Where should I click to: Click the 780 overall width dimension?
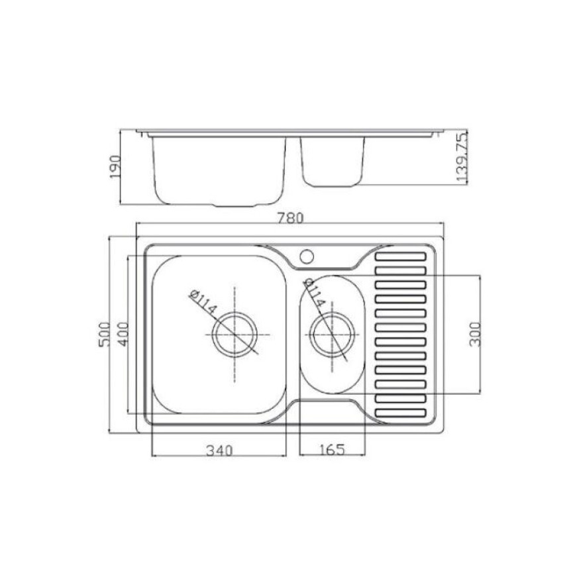tap(290, 218)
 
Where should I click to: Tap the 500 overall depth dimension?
tap(105, 335)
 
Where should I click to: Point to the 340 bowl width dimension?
tap(219, 450)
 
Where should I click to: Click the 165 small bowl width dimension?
tap(332, 450)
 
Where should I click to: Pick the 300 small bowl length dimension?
tap(475, 335)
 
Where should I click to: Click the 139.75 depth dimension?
tap(462, 158)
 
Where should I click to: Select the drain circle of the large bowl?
tap(235, 335)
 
